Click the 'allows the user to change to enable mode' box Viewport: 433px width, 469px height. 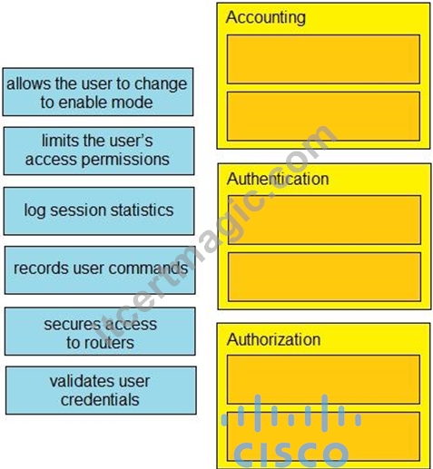click(x=98, y=92)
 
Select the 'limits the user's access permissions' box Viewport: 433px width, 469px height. click(x=99, y=151)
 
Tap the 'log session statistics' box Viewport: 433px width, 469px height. click(x=99, y=210)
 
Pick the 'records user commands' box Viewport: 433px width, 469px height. click(x=100, y=270)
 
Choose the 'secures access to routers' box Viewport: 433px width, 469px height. click(x=100, y=331)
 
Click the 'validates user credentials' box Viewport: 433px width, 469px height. click(x=101, y=390)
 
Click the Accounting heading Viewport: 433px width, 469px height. click(x=266, y=17)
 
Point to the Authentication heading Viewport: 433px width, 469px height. click(x=278, y=179)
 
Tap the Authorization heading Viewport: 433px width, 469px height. click(x=273, y=339)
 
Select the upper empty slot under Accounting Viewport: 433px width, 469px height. click(x=323, y=59)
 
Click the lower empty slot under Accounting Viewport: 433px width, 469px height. click(x=323, y=116)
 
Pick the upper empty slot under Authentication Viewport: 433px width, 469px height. click(x=324, y=220)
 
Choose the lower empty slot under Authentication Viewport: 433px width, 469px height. click(x=324, y=277)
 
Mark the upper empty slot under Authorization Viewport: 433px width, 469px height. click(x=323, y=379)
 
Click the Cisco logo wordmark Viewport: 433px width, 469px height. click(x=291, y=454)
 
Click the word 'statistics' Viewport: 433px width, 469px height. click(x=142, y=210)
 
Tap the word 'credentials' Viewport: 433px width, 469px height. click(x=100, y=399)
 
